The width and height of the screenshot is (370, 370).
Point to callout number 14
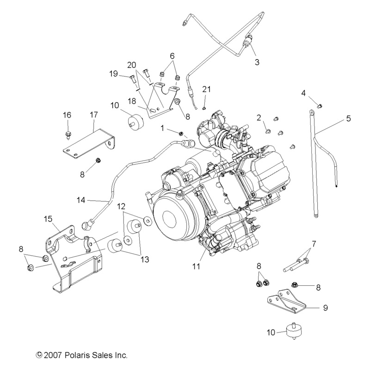[x=81, y=200]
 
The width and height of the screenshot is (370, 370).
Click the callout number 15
[x=48, y=218]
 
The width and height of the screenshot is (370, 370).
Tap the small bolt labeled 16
[x=68, y=135]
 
